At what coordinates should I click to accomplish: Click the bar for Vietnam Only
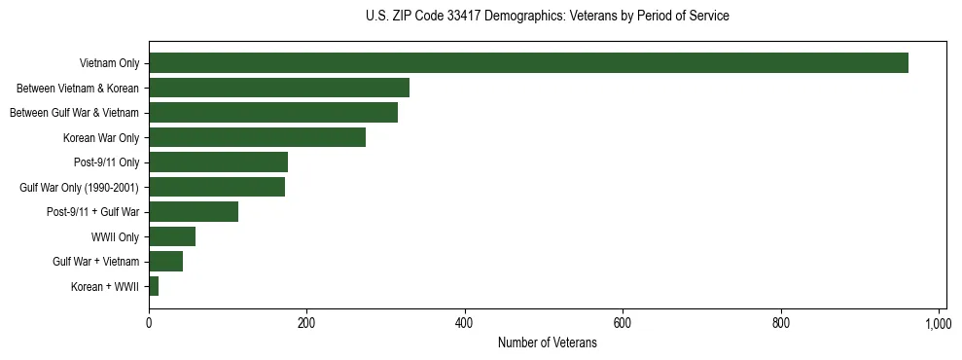528,63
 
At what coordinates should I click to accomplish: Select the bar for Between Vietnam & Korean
279,88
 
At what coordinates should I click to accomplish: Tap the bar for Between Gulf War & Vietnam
273,113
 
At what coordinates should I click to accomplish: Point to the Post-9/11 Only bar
218,162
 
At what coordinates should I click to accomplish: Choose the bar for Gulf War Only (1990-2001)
217,187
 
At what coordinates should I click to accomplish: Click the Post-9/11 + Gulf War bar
194,212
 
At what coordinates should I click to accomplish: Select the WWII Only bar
172,236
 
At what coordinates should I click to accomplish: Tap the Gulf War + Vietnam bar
165,262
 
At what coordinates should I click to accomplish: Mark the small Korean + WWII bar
154,286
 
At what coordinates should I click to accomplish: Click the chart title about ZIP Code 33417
548,17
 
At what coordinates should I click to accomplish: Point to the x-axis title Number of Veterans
548,342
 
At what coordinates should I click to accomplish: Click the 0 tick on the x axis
149,322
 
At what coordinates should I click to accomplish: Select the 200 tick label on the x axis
306,322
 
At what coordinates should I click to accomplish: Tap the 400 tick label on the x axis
465,322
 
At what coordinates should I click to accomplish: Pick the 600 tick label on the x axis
623,322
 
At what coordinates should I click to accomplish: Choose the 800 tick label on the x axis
781,322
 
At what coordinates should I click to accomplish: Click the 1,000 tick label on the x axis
939,322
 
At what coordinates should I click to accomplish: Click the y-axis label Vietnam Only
109,63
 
